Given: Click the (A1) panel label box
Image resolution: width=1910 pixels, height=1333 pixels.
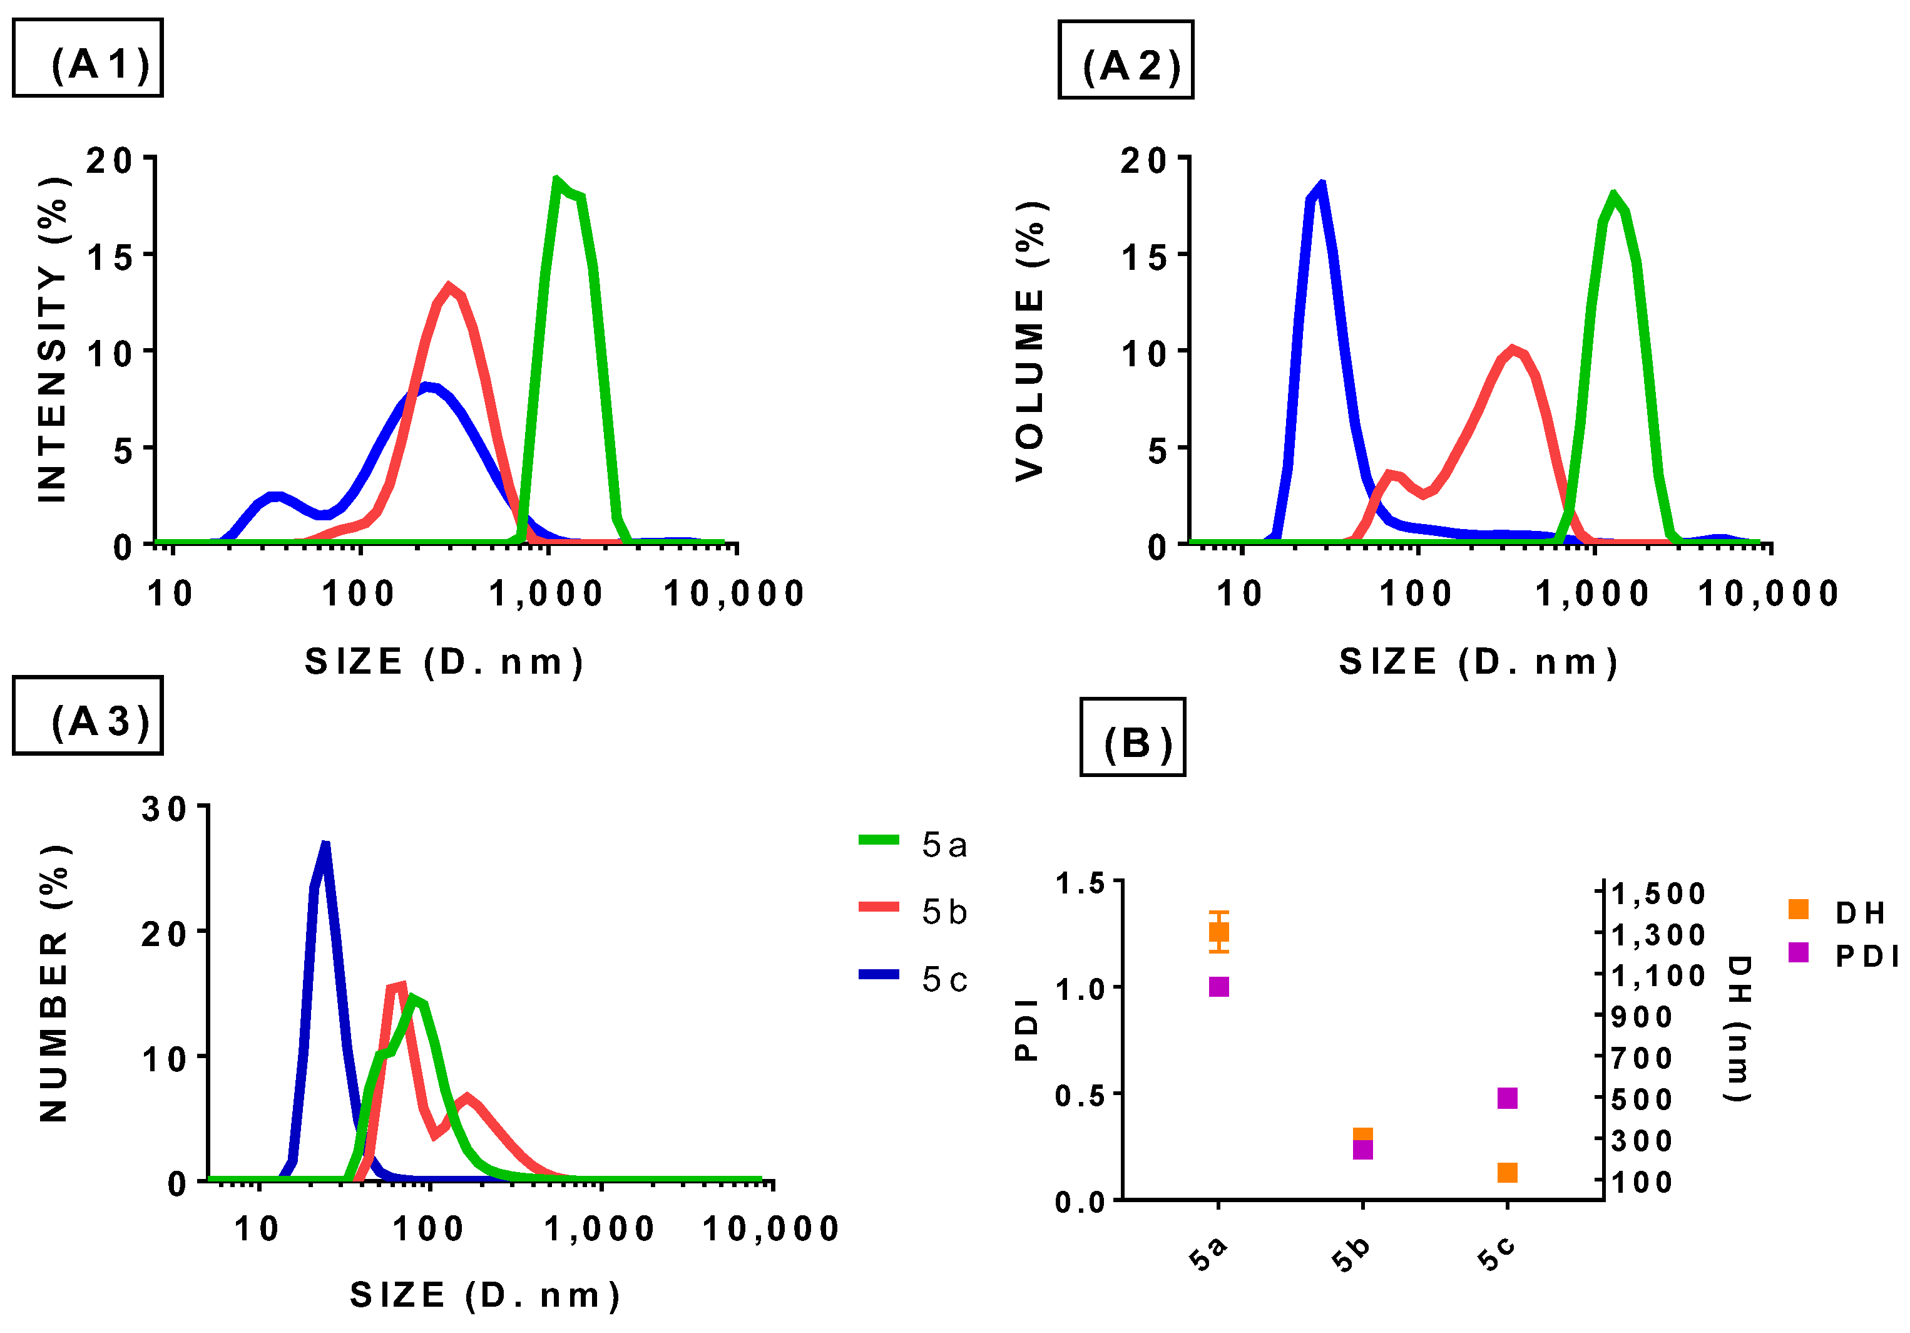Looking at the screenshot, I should [x=88, y=58].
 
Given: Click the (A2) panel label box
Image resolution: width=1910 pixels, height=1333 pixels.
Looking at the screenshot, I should [x=1125, y=60].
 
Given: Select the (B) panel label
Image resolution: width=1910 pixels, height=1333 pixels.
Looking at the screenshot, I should [x=1132, y=737].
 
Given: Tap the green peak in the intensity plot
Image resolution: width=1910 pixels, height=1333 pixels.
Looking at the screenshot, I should [x=556, y=180].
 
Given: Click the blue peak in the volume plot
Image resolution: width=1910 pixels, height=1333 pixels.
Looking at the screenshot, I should [x=1321, y=185].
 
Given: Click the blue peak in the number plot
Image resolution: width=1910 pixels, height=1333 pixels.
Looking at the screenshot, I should [x=325, y=847].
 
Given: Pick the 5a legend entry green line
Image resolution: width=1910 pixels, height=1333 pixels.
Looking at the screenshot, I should [x=879, y=840].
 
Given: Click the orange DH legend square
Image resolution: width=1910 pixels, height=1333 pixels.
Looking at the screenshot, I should [x=1798, y=910].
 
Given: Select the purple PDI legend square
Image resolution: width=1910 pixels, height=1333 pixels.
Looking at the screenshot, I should [x=1798, y=952].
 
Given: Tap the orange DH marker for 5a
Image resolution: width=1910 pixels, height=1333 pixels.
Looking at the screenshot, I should [x=1218, y=932].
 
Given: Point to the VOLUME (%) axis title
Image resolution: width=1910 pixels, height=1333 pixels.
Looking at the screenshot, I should [x=1030, y=341].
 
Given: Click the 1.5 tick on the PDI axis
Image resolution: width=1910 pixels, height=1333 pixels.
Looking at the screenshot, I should [x=1079, y=883].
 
